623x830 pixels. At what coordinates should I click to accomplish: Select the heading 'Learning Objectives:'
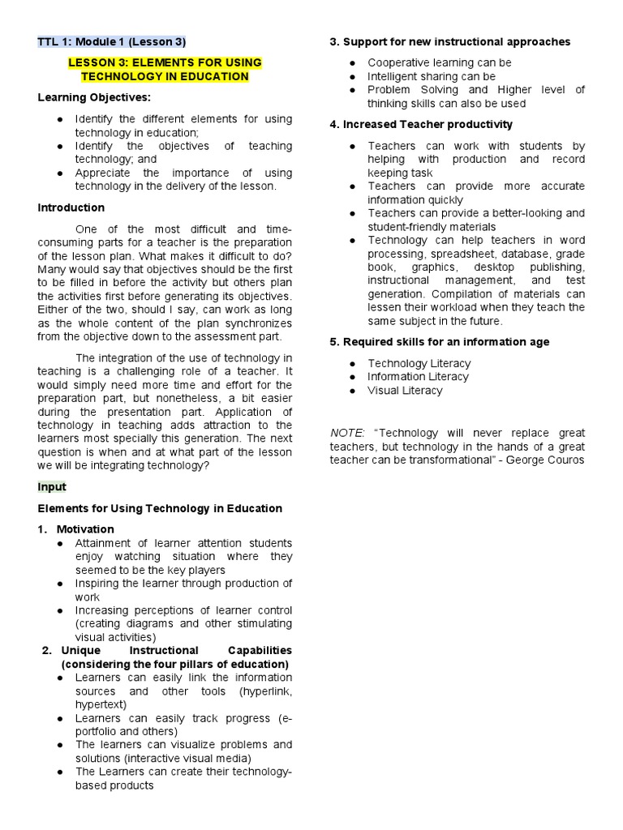click(x=94, y=98)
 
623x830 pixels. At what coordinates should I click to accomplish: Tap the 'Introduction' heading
click(x=71, y=207)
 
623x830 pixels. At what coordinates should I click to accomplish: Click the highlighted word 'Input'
click(x=52, y=487)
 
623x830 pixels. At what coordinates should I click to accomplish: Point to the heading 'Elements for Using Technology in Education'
click(x=161, y=508)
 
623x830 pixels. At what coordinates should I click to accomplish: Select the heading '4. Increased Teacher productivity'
click(x=421, y=124)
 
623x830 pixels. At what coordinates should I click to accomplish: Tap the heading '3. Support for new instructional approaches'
click(x=449, y=41)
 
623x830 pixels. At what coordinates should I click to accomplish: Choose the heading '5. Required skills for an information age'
click(x=439, y=342)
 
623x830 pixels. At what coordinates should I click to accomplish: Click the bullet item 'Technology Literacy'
click(x=419, y=363)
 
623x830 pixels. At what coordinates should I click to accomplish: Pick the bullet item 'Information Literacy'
click(x=418, y=377)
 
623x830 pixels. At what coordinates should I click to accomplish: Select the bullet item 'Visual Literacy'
click(x=405, y=390)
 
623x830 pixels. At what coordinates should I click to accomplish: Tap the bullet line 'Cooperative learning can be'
click(x=439, y=62)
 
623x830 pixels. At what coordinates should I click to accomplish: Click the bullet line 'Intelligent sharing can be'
click(x=431, y=76)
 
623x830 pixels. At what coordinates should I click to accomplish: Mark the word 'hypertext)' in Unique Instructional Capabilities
click(x=101, y=704)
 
